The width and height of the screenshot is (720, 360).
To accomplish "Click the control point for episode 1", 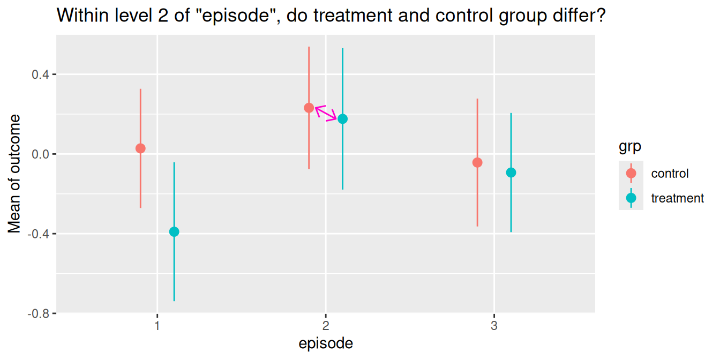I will (x=140, y=148).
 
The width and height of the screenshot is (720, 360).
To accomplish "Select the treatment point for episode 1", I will (x=174, y=232).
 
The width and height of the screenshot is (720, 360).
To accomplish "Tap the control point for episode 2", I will (x=309, y=108).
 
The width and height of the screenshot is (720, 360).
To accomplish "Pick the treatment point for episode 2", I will (x=342, y=119).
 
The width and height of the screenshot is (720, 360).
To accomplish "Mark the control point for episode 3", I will (x=477, y=162).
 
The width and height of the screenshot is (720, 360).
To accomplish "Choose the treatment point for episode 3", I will (x=511, y=172).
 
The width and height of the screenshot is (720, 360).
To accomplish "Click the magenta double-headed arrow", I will (x=326, y=113).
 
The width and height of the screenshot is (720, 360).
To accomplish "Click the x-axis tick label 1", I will (x=157, y=326).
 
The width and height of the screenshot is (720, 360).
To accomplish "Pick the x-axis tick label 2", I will (x=326, y=326).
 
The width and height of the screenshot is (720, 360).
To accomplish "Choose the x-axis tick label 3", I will (x=494, y=326).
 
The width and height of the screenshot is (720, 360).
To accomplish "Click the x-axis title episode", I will (x=326, y=343).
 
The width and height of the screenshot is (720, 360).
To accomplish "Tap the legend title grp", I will (x=631, y=146).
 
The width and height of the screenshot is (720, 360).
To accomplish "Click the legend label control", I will (x=670, y=174).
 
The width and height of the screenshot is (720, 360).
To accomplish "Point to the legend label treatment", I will (x=677, y=198).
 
